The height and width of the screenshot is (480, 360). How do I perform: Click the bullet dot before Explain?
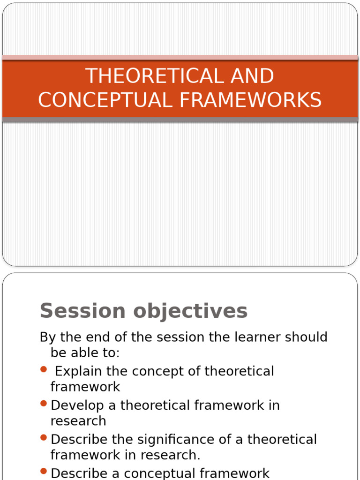pos(44,369)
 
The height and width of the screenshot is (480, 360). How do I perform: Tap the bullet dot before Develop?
pos(44,404)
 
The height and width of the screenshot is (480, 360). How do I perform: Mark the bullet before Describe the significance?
pos(44,438)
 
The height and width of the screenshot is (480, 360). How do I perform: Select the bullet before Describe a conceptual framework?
pos(44,472)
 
